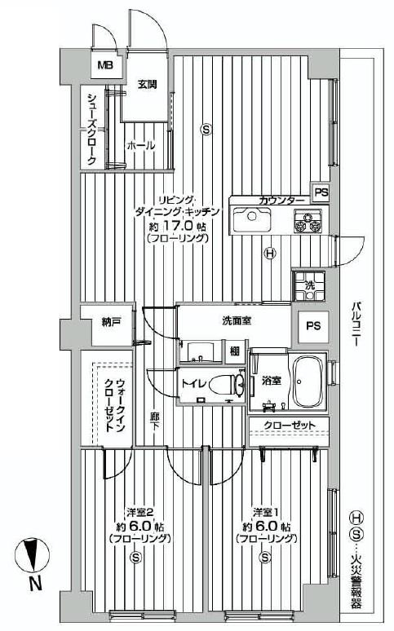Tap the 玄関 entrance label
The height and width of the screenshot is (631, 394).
tap(147, 84)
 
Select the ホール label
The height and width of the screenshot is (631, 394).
tap(140, 145)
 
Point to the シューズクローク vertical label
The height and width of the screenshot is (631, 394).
tap(91, 130)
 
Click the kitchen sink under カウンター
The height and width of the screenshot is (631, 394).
tap(252, 220)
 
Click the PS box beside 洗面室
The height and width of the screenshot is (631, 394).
tap(312, 325)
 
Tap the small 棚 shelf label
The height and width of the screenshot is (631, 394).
tap(234, 351)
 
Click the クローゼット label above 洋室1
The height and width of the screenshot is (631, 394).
tap(286, 425)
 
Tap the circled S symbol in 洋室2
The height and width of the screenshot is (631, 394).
tap(135, 558)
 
